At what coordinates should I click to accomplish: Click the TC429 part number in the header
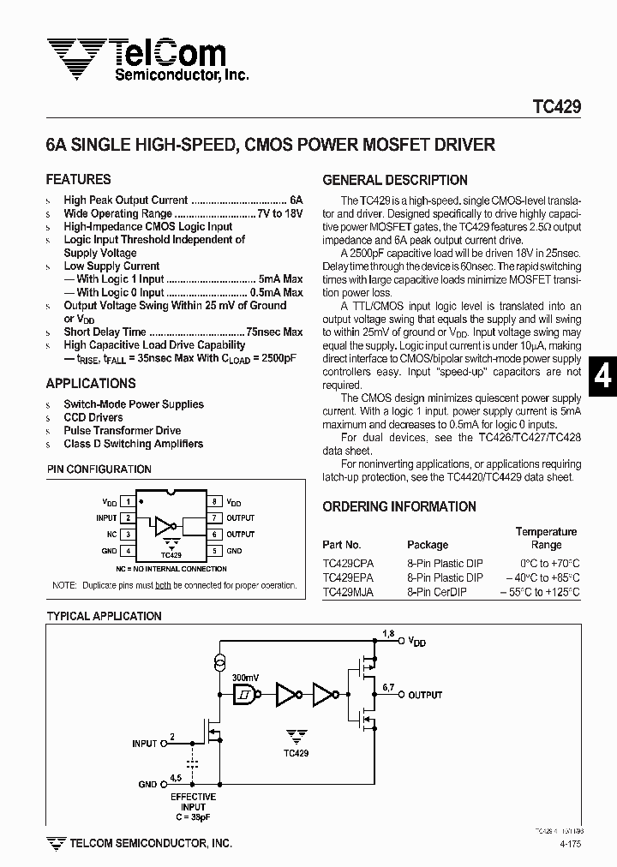point(557,107)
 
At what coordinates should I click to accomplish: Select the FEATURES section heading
point(78,180)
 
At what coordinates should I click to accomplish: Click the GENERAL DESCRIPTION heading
point(395,180)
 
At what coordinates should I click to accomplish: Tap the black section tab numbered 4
point(603,378)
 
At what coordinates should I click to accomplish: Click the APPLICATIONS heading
point(91,384)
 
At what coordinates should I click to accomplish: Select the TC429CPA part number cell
point(349,563)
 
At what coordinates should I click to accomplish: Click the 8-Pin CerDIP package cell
point(437,592)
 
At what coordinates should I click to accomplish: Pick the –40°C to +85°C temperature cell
point(542,577)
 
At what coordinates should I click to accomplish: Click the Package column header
point(428,544)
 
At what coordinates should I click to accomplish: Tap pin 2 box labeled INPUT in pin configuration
point(128,517)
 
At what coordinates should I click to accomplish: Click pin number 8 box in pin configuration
point(214,502)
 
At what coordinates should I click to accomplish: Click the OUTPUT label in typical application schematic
point(425,694)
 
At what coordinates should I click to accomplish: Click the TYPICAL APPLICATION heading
point(104,616)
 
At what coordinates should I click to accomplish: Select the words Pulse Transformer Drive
point(122,431)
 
